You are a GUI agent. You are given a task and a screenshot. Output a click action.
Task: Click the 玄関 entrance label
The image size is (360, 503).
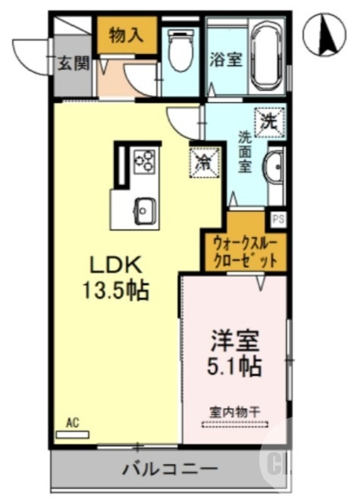click(74, 64)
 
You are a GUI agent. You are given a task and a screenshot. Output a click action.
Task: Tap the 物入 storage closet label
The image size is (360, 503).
click(127, 36)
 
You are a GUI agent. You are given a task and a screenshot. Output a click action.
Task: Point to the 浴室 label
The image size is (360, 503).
click(226, 61)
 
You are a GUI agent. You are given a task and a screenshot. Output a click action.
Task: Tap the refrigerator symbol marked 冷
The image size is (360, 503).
click(205, 162)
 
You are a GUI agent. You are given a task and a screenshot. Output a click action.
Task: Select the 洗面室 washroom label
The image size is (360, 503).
click(245, 152)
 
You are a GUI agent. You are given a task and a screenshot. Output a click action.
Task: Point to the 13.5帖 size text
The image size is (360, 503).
click(116, 289)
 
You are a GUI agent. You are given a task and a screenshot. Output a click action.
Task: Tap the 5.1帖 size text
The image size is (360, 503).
click(235, 365)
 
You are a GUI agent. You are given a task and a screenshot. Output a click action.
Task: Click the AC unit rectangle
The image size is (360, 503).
click(73, 434)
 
